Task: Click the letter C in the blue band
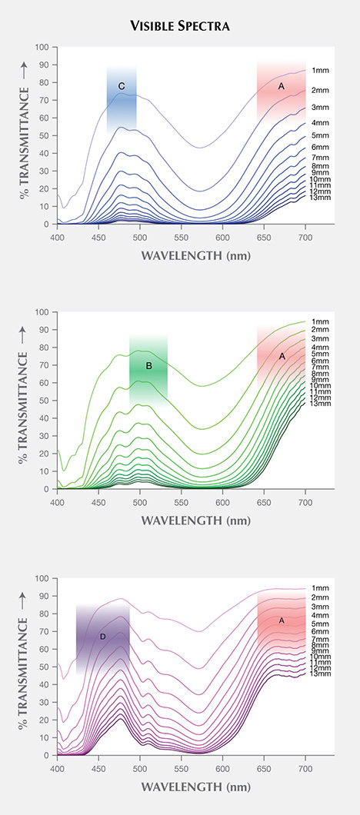tap(122, 85)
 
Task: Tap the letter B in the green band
tap(149, 367)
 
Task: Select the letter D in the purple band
tap(102, 637)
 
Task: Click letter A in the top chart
tap(282, 87)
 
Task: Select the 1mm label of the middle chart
tap(319, 322)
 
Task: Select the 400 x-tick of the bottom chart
tap(58, 767)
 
